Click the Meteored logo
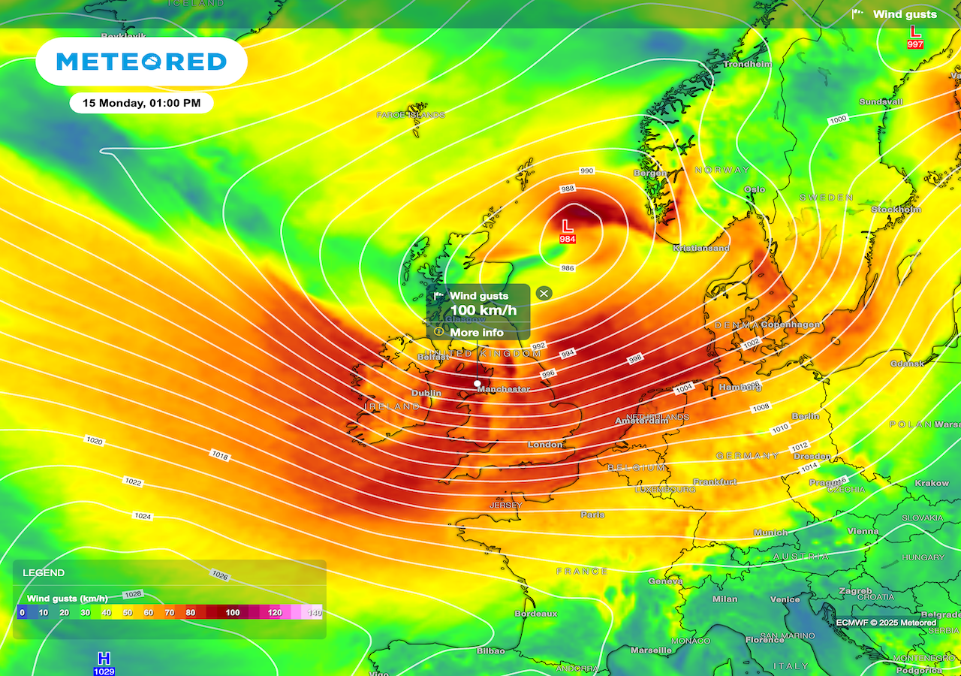[x=141, y=62]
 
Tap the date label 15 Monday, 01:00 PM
[x=142, y=103]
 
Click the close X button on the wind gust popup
[x=544, y=294]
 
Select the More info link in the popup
[x=477, y=332]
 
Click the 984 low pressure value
[x=568, y=239]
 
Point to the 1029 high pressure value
[x=104, y=671]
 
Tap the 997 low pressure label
[x=915, y=44]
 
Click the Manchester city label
[x=504, y=389]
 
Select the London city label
[x=545, y=445]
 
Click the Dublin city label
[x=426, y=393]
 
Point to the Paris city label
[x=592, y=515]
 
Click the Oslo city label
[x=754, y=189]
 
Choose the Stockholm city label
[x=896, y=210]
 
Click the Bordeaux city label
[x=536, y=614]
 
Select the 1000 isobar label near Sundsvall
[x=838, y=119]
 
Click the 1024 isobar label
[x=142, y=516]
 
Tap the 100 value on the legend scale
[x=233, y=613]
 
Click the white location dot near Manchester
[x=477, y=383]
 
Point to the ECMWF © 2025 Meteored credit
[x=886, y=623]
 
